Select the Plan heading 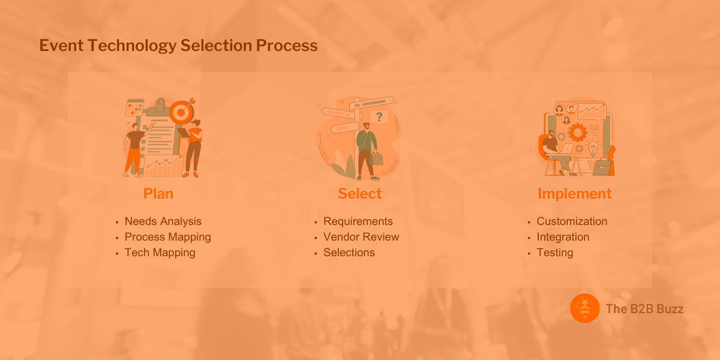point(158,194)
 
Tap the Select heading point(360,194)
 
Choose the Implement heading point(575,194)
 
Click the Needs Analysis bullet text point(163,221)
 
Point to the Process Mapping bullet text point(167,237)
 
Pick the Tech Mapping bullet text point(160,253)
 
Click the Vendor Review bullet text point(361,237)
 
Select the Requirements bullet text point(358,221)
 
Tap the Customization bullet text point(572,221)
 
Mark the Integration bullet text point(563,237)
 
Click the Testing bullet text point(555,253)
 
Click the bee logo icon point(585,308)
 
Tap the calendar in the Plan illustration point(134,108)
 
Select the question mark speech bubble point(379,116)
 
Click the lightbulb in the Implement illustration point(593,148)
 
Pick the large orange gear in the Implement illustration point(578,131)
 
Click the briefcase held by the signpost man point(377,158)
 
